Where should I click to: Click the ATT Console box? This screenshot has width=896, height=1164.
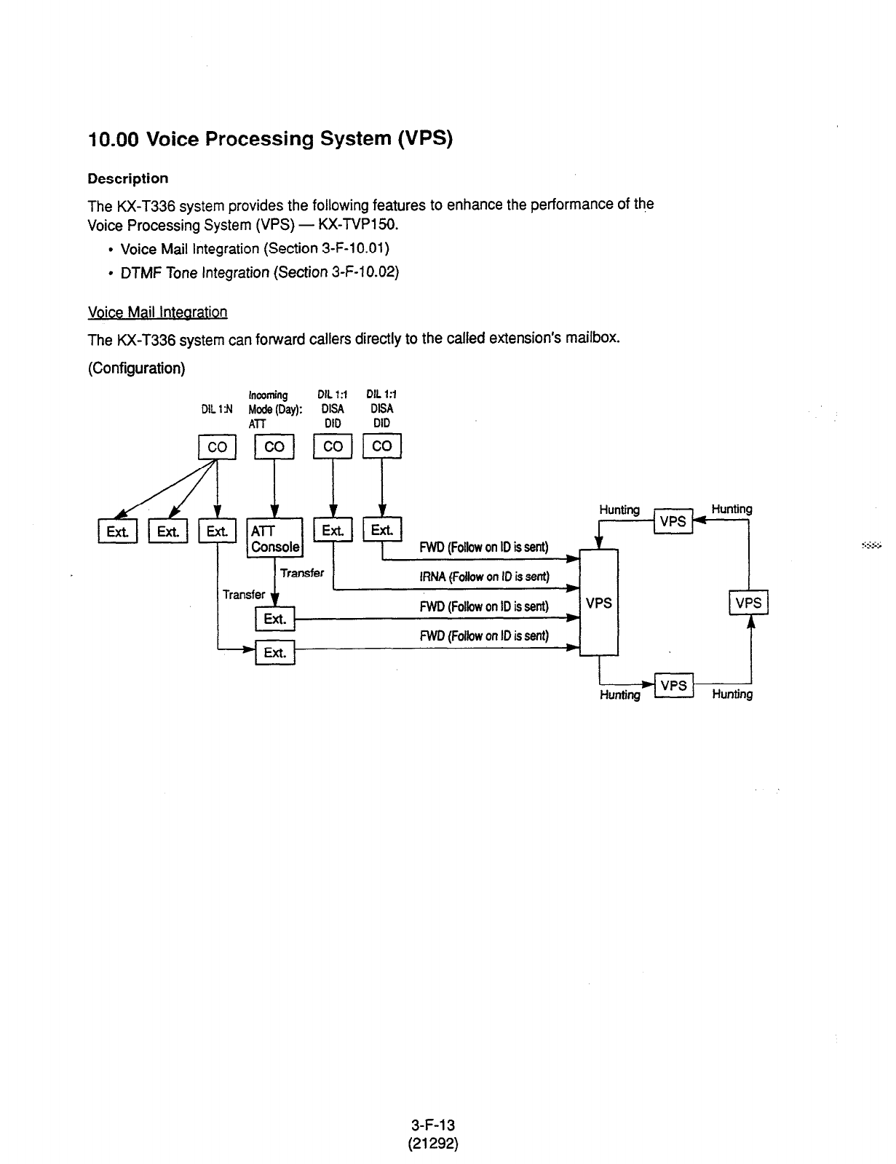[274, 538]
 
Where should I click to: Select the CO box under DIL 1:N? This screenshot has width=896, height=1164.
[217, 447]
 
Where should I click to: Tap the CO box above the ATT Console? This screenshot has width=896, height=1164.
[274, 447]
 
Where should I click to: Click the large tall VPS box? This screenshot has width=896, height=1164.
[598, 603]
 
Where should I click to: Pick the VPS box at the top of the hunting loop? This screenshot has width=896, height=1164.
[673, 521]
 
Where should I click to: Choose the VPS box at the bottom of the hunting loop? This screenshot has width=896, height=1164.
[673, 686]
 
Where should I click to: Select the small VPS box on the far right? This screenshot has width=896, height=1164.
[748, 603]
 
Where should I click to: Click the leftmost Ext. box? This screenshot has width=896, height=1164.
[118, 532]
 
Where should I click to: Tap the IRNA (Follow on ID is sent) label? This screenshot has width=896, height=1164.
[483, 577]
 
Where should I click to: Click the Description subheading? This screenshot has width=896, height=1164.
[127, 178]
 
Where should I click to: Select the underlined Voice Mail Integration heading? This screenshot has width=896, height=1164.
[157, 312]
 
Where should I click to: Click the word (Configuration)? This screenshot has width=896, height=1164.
[136, 368]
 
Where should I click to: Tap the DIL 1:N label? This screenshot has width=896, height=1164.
[216, 409]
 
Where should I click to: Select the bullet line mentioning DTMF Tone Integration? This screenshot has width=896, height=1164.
[260, 272]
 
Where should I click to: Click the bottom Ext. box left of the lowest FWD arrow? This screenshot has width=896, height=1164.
[274, 652]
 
